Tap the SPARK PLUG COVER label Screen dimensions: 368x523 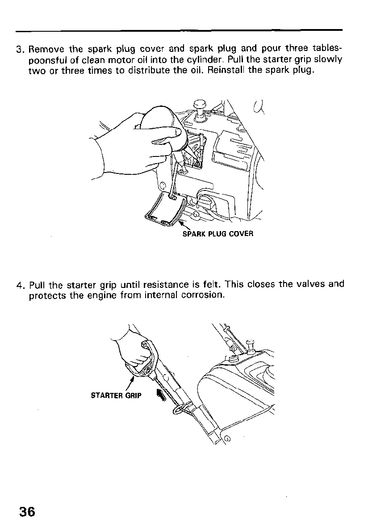218,234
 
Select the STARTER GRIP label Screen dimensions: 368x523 116,396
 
